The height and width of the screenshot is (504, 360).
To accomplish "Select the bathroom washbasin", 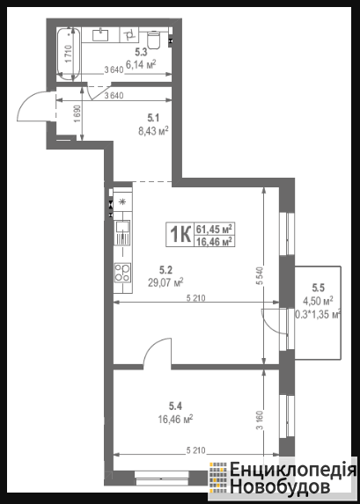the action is (100, 34).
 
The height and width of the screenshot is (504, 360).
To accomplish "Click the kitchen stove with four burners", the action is (122, 273).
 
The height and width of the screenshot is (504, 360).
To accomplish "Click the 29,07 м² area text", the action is (165, 282).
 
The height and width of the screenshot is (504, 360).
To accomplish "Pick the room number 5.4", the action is (176, 406).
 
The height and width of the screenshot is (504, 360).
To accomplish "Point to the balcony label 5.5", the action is (318, 286).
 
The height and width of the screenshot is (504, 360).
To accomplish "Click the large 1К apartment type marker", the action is (180, 235).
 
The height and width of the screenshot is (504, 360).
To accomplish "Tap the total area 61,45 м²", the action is (214, 230).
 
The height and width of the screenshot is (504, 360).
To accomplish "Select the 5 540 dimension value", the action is (261, 276).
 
